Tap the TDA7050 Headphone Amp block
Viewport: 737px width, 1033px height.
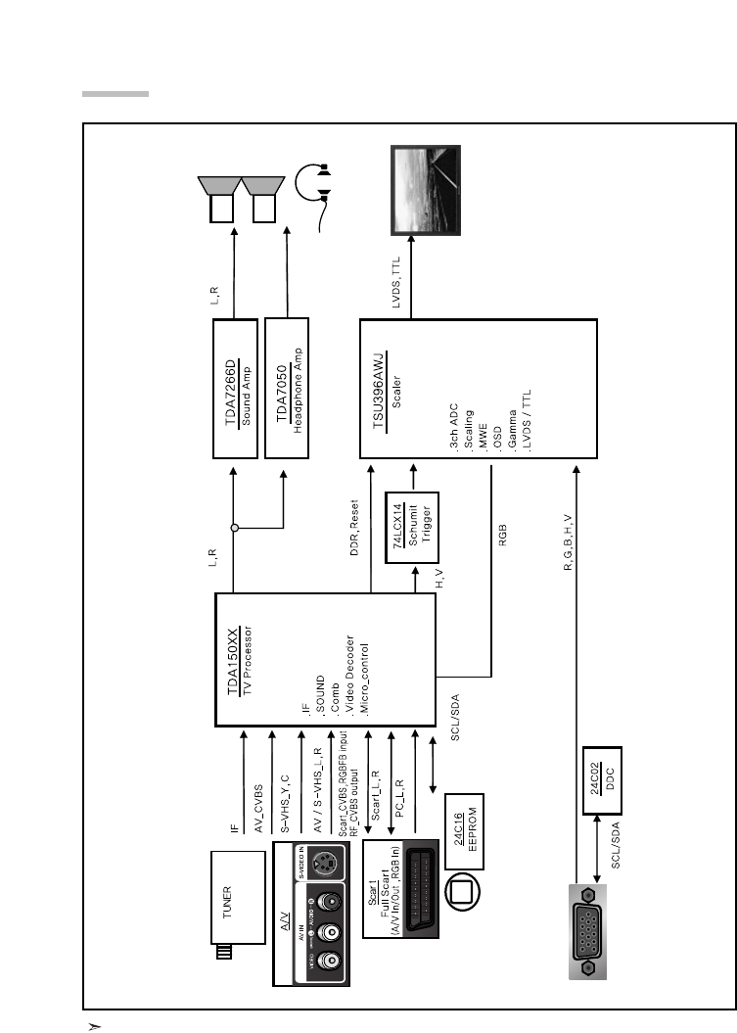click(288, 388)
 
